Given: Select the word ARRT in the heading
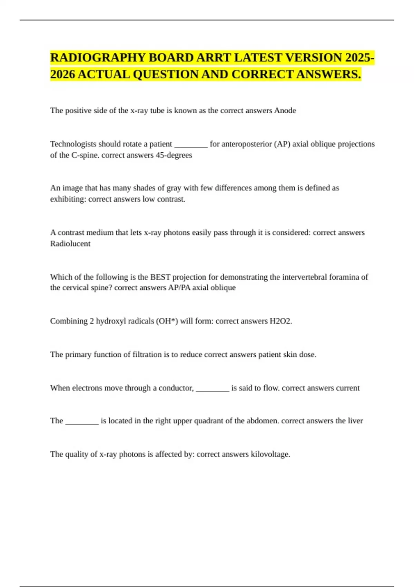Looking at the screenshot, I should [x=214, y=58].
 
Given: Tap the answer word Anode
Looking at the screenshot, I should [x=285, y=110].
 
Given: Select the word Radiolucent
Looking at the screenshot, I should [x=70, y=243].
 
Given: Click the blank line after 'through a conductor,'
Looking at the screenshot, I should [x=213, y=390].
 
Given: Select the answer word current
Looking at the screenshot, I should [x=348, y=388].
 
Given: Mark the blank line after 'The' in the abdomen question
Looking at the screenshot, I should [x=82, y=423].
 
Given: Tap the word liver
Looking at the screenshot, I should [x=355, y=421].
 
